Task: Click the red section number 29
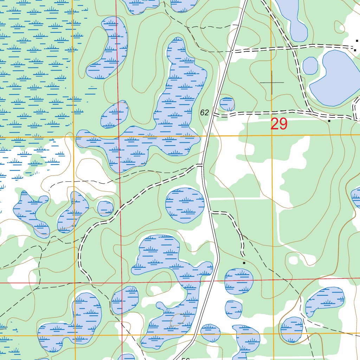(279, 124)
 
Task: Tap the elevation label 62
(204, 112)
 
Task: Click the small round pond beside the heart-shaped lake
(310, 66)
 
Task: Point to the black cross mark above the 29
(272, 82)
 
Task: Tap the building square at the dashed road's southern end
(244, 263)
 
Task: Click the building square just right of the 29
(329, 121)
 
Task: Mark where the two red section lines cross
(122, 282)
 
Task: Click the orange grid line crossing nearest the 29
(272, 135)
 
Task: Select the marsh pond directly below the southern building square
(239, 281)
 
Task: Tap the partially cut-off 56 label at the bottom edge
(185, 358)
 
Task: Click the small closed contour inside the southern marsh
(178, 320)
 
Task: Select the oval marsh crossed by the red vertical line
(115, 115)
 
